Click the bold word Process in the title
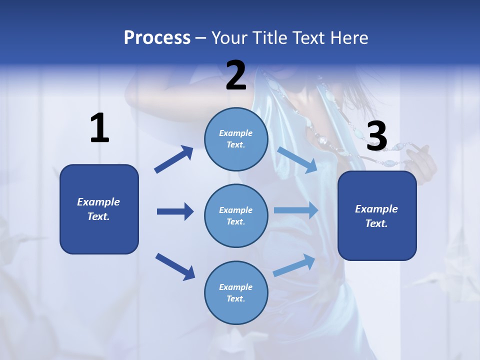click(157, 38)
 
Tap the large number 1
click(99, 128)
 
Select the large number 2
click(236, 75)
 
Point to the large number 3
click(376, 136)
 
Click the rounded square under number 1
click(99, 209)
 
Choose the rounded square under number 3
click(377, 215)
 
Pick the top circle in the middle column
click(236, 139)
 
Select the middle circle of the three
click(236, 215)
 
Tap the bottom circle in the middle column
click(236, 292)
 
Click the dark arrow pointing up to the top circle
click(174, 159)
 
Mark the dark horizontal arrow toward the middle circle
click(175, 211)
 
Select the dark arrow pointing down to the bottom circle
click(175, 266)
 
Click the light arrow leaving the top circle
click(297, 159)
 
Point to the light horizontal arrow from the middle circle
click(296, 210)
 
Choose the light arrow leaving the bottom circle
click(294, 265)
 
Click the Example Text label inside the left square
click(99, 209)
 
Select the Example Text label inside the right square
click(376, 216)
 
